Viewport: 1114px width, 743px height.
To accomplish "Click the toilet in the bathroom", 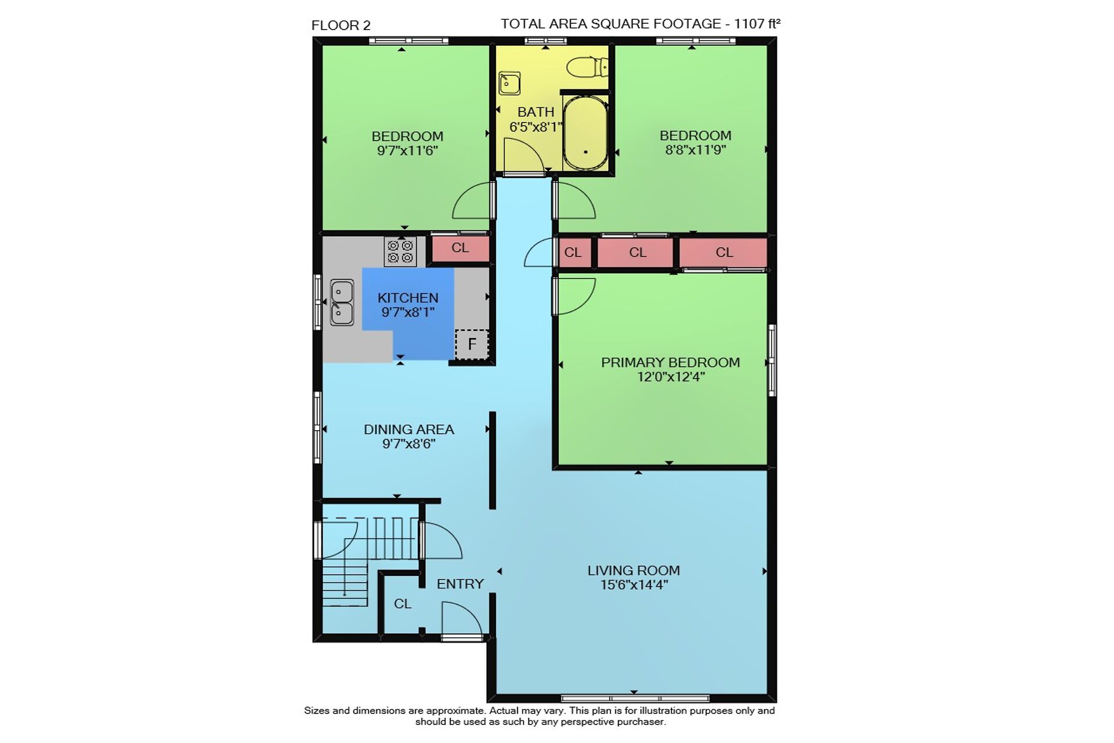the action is (x=587, y=67).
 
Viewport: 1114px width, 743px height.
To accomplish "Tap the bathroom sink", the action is (x=509, y=83).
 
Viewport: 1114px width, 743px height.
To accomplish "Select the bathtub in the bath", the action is (x=585, y=133).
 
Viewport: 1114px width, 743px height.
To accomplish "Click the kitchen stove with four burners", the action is (x=400, y=251).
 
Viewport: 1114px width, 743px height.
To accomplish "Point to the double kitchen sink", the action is (x=342, y=302).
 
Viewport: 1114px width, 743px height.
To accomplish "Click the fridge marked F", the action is (x=472, y=344).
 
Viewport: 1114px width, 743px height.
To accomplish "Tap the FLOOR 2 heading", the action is (x=341, y=26).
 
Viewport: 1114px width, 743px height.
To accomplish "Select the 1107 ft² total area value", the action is (x=757, y=24).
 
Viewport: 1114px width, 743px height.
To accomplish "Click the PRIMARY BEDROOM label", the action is (x=670, y=362).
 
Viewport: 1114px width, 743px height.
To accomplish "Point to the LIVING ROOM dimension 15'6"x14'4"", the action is (x=634, y=585).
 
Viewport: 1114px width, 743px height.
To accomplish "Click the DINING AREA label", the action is (x=408, y=430).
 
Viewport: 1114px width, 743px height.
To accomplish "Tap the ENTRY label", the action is (x=460, y=584).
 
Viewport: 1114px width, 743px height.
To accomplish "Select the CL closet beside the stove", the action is (x=460, y=248).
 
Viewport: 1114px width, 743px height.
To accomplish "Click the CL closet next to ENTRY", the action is (x=403, y=604).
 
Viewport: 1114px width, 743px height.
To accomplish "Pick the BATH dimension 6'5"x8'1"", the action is (x=536, y=127).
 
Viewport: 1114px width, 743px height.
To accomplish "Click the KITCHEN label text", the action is (x=408, y=298).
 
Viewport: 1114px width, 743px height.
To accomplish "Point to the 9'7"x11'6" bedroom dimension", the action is (x=407, y=151).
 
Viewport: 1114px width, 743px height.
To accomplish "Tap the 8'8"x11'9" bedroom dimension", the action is (x=696, y=150).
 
